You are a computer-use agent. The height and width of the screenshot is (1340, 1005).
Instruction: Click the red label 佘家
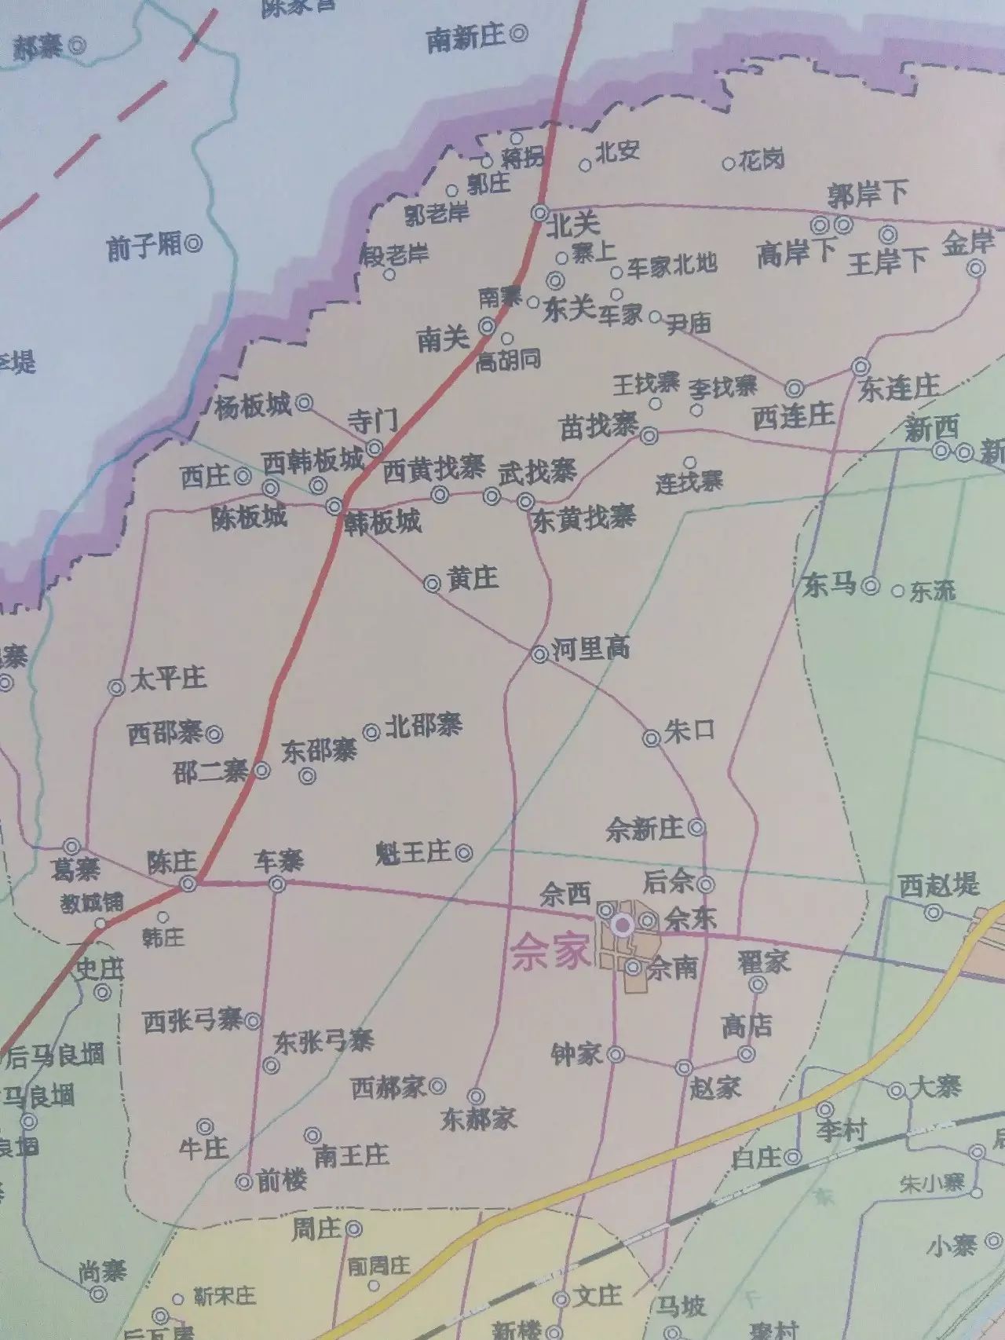pyautogui.click(x=549, y=954)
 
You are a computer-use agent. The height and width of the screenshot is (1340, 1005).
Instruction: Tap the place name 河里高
pyautogui.click(x=591, y=649)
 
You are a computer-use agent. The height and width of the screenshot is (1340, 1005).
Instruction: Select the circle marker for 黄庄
pyautogui.click(x=432, y=584)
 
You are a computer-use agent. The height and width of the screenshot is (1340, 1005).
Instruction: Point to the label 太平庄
pyautogui.click(x=168, y=678)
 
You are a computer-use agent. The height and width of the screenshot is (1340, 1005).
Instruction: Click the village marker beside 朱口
pyautogui.click(x=651, y=738)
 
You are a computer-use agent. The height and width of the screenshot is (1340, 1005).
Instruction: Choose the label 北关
pyautogui.click(x=573, y=225)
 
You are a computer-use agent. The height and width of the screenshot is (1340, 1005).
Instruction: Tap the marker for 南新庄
pyautogui.click(x=518, y=34)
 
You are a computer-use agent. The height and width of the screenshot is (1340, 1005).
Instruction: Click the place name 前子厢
pyautogui.click(x=144, y=247)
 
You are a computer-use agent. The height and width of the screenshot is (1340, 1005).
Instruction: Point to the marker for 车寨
pyautogui.click(x=277, y=885)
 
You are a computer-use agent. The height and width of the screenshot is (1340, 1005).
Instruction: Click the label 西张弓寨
pyautogui.click(x=192, y=1021)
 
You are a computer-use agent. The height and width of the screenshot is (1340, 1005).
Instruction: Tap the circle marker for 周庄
pyautogui.click(x=354, y=1228)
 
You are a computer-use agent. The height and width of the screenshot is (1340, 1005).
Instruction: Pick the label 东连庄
pyautogui.click(x=899, y=387)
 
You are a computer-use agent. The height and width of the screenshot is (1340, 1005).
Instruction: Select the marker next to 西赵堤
pyautogui.click(x=933, y=913)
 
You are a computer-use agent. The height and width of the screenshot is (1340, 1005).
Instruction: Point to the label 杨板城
pyautogui.click(x=253, y=405)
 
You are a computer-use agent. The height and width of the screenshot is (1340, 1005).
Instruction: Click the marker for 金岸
pyautogui.click(x=976, y=269)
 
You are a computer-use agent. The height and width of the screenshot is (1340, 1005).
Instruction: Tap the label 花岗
pyautogui.click(x=762, y=161)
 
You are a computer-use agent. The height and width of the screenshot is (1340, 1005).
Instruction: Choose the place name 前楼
pyautogui.click(x=282, y=1181)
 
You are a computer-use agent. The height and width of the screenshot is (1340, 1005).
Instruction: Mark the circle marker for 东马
pyautogui.click(x=870, y=585)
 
